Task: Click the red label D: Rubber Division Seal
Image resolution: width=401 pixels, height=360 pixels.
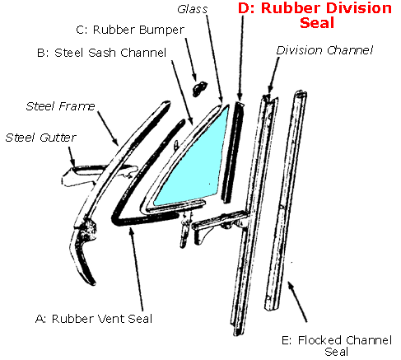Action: [314, 16]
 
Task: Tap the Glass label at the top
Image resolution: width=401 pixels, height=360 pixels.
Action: [194, 9]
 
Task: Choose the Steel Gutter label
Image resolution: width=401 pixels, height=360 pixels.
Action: [38, 136]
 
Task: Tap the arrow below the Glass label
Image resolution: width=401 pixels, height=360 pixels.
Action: [212, 58]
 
